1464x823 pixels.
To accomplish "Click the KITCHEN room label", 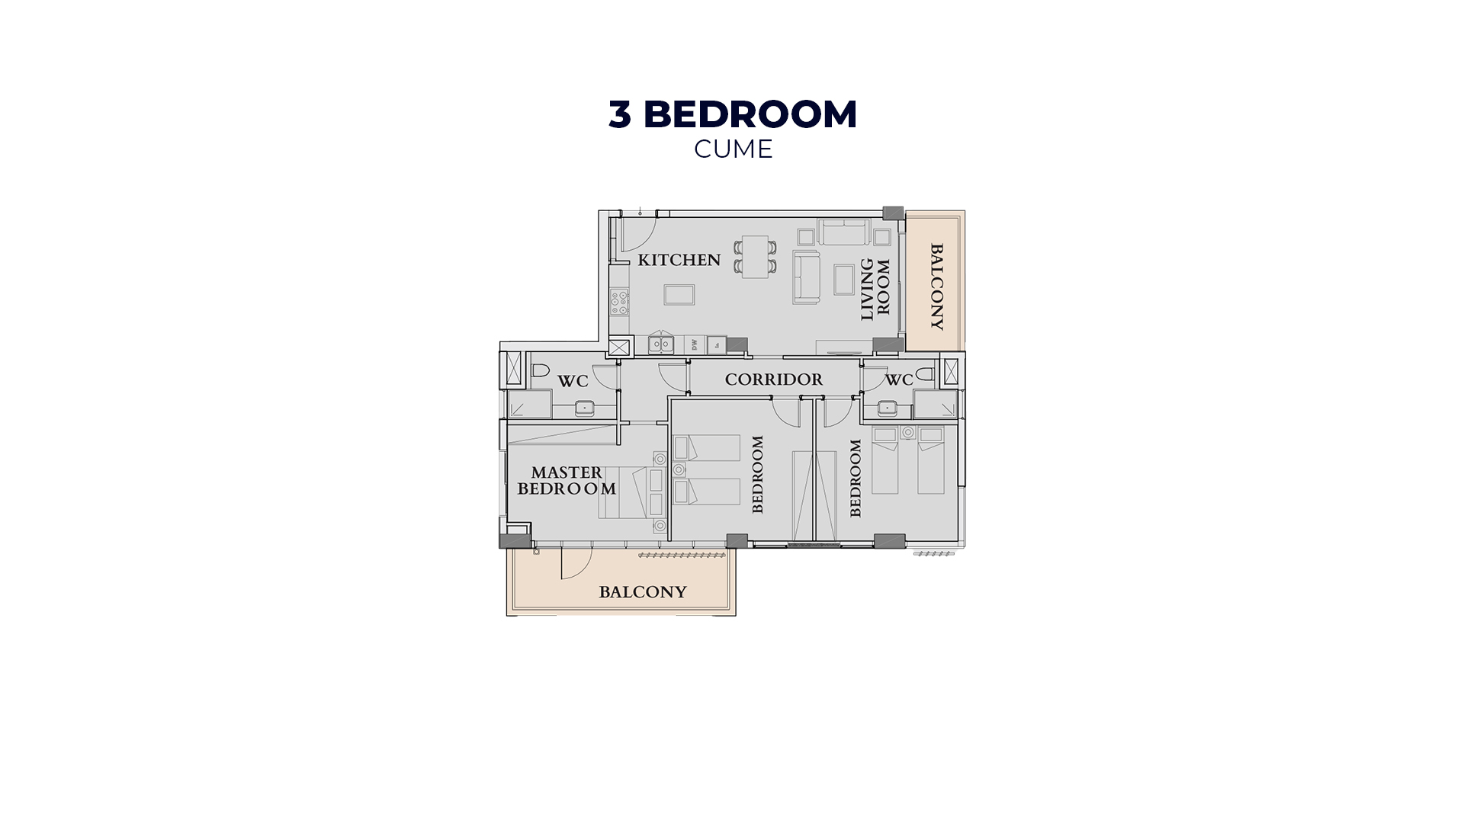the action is [679, 260].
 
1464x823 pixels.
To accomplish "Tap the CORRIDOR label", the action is [774, 379].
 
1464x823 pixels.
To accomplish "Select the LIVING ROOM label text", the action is [875, 290].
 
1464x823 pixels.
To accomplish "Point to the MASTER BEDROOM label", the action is [567, 481].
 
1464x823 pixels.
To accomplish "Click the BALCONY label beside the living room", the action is [937, 287].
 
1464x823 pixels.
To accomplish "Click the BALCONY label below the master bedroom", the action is [643, 592].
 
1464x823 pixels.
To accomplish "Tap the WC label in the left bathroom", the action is [573, 381].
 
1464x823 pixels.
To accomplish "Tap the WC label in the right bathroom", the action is [899, 379].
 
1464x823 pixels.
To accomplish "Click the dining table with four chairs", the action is [756, 256].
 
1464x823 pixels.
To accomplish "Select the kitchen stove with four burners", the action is [619, 303].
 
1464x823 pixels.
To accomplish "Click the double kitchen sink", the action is [660, 344].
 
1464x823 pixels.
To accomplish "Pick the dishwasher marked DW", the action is [695, 344].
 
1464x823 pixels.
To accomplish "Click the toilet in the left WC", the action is [540, 371].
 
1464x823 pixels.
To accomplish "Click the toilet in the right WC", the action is [926, 373].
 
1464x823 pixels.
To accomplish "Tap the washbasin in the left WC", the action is [584, 408].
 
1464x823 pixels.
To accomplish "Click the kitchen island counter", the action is [679, 294].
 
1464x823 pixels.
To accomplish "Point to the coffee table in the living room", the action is [844, 279].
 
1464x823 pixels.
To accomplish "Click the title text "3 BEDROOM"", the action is [733, 114].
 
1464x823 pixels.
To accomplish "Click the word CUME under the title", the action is [734, 149].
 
